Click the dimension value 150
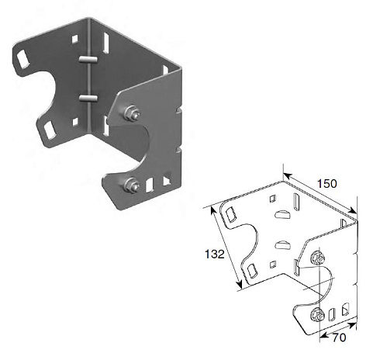pyautogui.click(x=327, y=183)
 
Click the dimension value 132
pyautogui.click(x=215, y=254)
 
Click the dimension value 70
pyautogui.click(x=339, y=337)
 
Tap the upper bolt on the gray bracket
pyautogui.click(x=131, y=113)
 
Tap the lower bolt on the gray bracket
pyautogui.click(x=132, y=185)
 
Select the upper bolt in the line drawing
pyautogui.click(x=318, y=258)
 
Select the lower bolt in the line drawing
pyautogui.click(x=317, y=315)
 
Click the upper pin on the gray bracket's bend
pyautogui.click(x=88, y=59)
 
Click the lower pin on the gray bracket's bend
pyautogui.click(x=88, y=98)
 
